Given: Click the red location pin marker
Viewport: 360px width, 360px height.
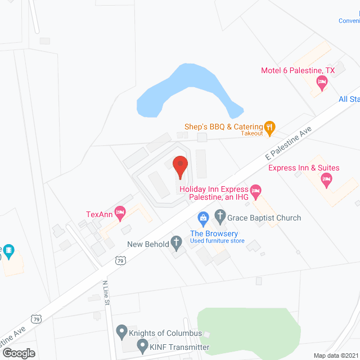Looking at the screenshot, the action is pyautogui.click(x=180, y=166).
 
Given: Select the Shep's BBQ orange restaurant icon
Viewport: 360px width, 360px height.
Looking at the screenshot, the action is pyautogui.click(x=271, y=128).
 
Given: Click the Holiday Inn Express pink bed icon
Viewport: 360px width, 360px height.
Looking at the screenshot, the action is pyautogui.click(x=255, y=192).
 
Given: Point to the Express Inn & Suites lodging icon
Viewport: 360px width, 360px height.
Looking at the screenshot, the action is pyautogui.click(x=326, y=181).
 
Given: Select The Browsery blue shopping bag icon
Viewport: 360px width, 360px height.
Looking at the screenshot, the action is pyautogui.click(x=202, y=217).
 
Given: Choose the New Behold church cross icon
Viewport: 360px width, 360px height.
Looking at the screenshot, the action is pyautogui.click(x=177, y=244).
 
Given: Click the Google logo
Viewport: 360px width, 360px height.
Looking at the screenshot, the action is pyautogui.click(x=18, y=353).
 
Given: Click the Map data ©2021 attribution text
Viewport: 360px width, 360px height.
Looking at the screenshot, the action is pyautogui.click(x=335, y=355).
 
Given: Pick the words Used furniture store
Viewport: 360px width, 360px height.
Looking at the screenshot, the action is pyautogui.click(x=217, y=241).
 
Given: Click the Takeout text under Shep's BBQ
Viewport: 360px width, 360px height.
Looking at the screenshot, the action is pyautogui.click(x=252, y=133).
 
